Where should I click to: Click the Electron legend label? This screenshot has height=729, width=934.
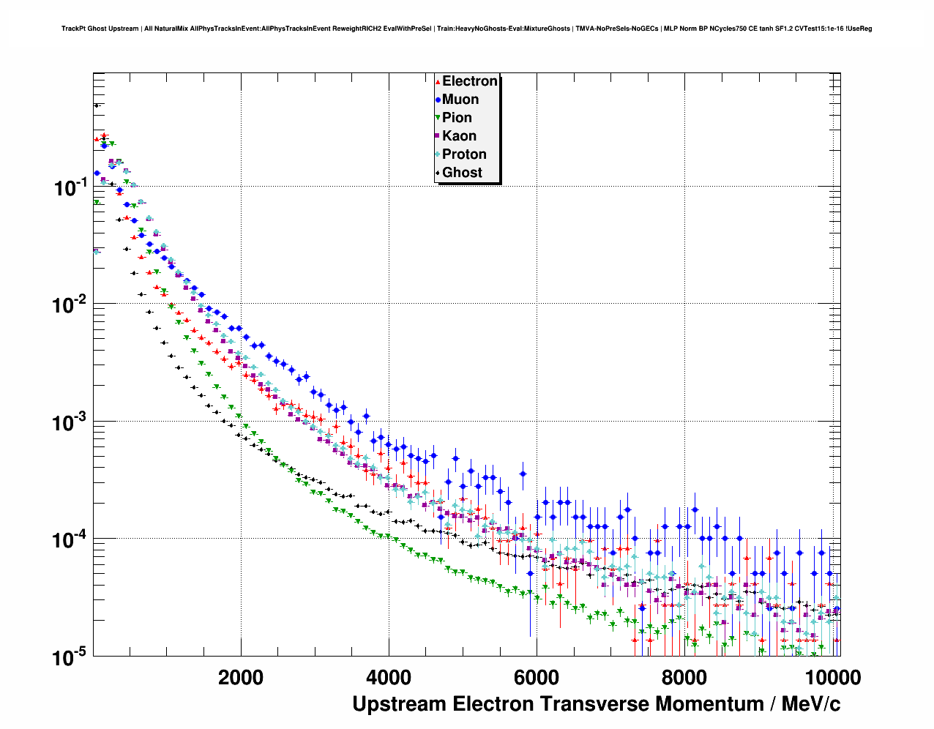(470, 81)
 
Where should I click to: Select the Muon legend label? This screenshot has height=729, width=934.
(460, 100)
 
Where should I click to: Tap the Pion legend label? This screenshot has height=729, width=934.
(457, 118)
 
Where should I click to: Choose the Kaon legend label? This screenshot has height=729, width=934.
(459, 136)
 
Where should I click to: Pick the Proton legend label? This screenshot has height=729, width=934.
(464, 154)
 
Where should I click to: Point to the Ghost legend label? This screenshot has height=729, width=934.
(462, 173)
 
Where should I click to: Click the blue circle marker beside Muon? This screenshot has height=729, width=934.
(437, 100)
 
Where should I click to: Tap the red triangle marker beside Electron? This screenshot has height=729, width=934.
(437, 81)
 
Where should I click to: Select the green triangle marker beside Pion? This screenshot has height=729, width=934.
(437, 118)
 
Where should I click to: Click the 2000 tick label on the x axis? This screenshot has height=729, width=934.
(241, 678)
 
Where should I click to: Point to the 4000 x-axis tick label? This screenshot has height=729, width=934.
(389, 678)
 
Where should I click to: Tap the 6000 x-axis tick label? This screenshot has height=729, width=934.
(537, 678)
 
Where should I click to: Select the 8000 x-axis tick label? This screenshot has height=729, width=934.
(684, 678)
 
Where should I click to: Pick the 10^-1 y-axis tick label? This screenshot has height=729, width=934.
(71, 188)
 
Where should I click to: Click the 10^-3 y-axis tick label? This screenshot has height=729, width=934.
(71, 423)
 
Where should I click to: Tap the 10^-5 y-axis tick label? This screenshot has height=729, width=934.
(71, 657)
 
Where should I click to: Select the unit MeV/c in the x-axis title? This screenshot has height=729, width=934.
(811, 704)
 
